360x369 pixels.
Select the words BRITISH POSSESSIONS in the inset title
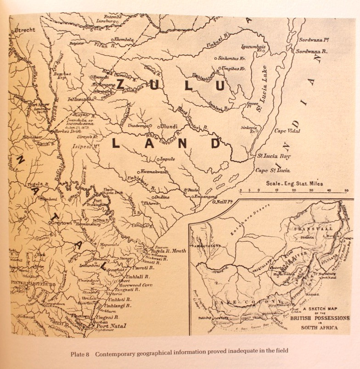[x=320, y=318]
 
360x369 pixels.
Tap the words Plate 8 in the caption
[x=82, y=353]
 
